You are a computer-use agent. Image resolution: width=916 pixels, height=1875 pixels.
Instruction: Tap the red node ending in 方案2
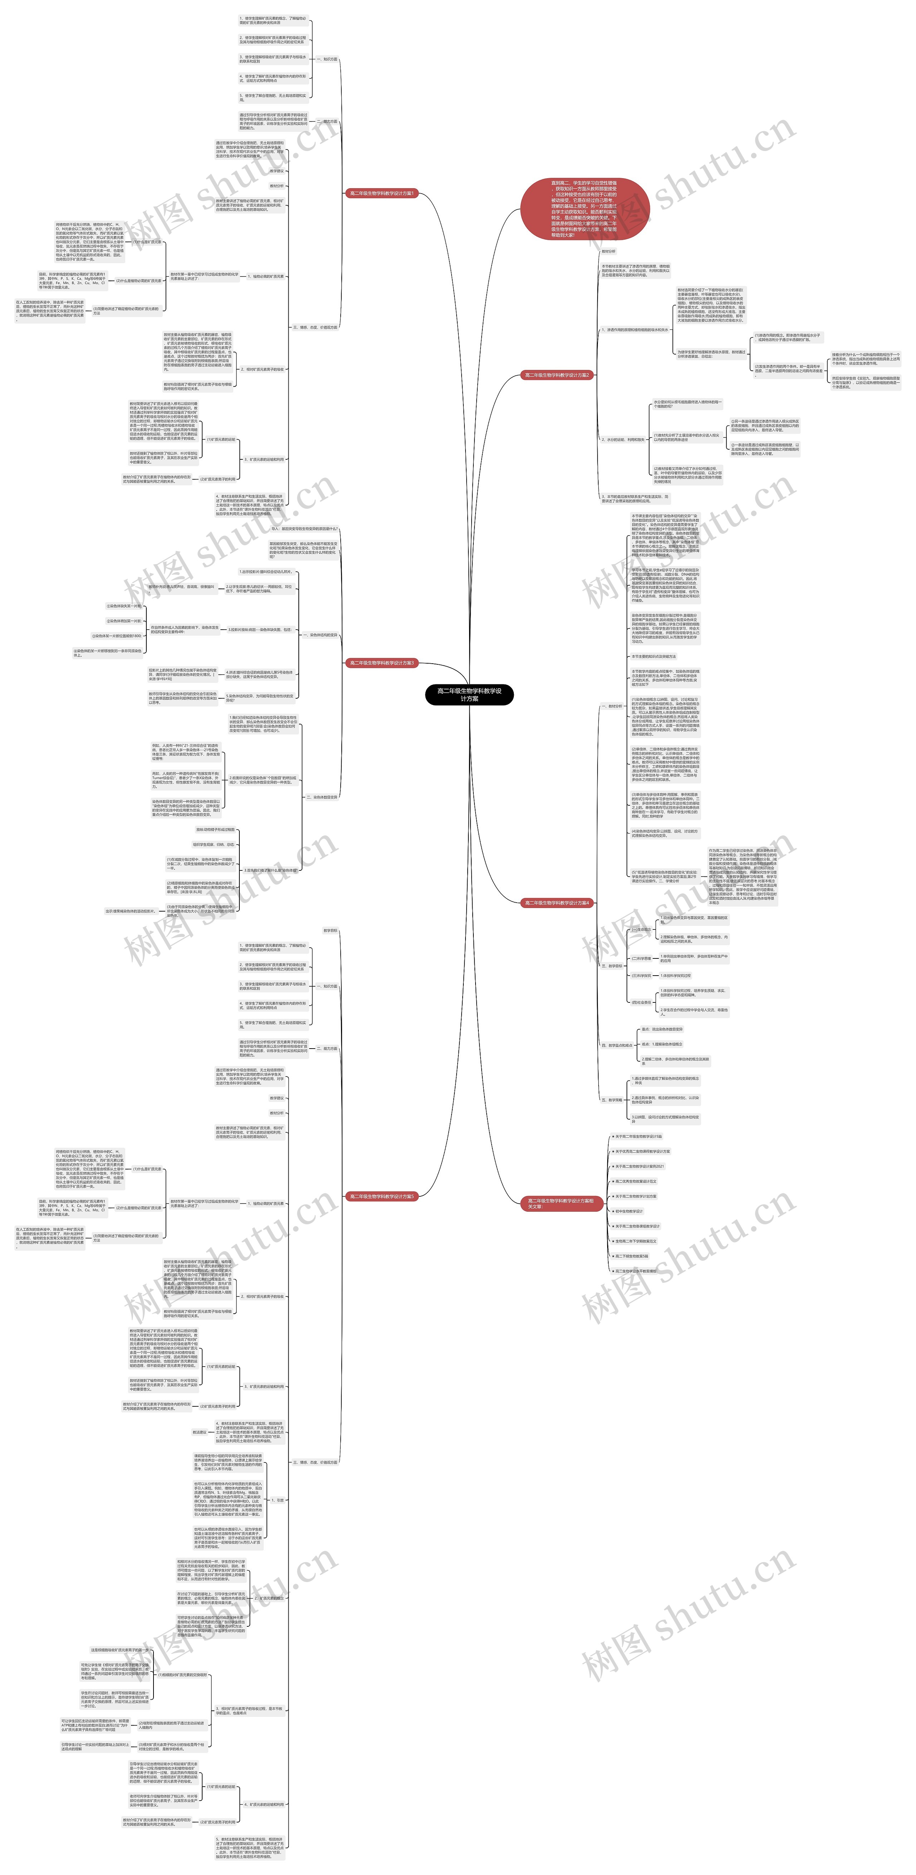(557, 376)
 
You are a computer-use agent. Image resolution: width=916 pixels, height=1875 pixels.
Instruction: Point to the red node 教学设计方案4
(557, 903)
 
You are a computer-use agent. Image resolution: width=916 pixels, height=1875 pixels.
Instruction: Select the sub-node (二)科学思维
(642, 959)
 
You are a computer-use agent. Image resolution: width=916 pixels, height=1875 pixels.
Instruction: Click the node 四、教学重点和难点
(617, 1045)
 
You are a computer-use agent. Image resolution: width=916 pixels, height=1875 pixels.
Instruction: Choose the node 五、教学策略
(612, 1100)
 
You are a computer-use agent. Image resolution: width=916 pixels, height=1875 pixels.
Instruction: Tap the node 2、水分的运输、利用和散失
(623, 440)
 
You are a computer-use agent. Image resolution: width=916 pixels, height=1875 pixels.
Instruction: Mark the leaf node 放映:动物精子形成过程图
(215, 830)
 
